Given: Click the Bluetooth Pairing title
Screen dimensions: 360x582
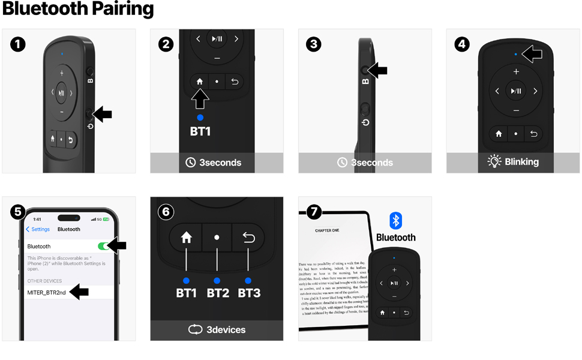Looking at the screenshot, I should (x=78, y=10).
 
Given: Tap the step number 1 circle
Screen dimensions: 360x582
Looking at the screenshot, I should (x=18, y=44).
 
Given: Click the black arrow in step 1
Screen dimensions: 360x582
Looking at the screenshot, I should (x=102, y=113).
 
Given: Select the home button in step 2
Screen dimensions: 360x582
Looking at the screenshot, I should (x=200, y=82).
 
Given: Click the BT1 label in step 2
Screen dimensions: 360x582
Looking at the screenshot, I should (x=200, y=131).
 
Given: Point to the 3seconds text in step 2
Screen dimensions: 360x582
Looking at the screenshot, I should (x=220, y=163).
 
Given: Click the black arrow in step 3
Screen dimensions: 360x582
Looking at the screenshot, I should (x=377, y=71).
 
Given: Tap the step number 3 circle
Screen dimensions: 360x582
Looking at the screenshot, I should (x=314, y=44).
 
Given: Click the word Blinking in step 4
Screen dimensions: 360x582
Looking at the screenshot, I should (x=522, y=162).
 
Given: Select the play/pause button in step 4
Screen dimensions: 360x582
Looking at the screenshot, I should (x=516, y=91).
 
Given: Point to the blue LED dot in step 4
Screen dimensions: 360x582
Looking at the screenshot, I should (x=515, y=55).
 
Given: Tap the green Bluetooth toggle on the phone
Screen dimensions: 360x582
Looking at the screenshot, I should (x=104, y=246).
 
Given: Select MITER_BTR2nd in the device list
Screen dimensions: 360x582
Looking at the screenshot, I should (x=46, y=292).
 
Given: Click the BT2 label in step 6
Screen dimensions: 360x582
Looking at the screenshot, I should (x=217, y=293).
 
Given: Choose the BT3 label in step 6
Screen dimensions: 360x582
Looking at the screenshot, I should (x=248, y=293).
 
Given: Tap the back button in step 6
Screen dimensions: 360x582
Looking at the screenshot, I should (x=248, y=238).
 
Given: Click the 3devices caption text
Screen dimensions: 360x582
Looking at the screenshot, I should (x=226, y=329).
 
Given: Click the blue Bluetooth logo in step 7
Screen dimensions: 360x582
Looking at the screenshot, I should (x=396, y=220).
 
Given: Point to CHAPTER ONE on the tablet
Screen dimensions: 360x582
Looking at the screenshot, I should (x=327, y=230).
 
